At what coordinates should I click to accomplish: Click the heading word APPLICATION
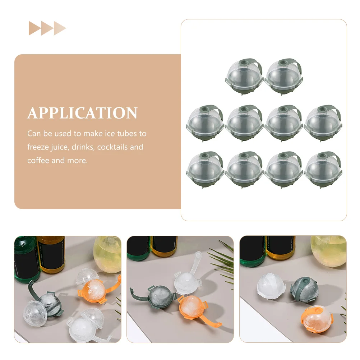pos(82,113)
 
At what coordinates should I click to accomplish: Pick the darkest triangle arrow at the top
pos(35,28)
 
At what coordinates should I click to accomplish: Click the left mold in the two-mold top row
pos(244,77)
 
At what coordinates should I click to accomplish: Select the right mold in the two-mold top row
pos(284,77)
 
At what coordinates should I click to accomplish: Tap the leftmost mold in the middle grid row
pos(205,123)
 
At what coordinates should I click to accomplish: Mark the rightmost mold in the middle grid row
pos(323,123)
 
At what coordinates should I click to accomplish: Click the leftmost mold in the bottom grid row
pos(205,170)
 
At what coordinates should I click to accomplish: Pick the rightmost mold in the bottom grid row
pos(323,170)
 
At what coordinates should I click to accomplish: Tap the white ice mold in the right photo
pos(271,286)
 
